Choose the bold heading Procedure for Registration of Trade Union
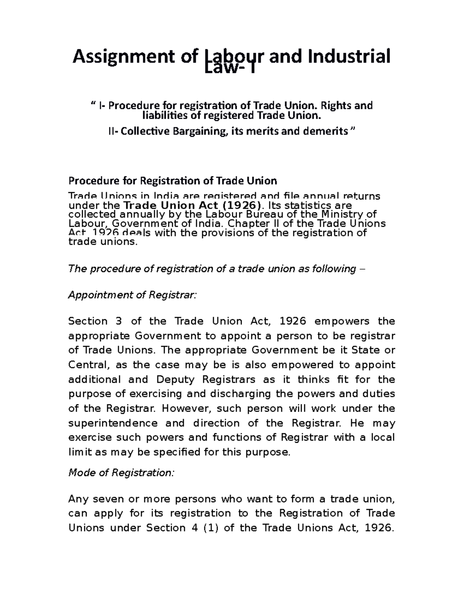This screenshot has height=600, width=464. [172, 181]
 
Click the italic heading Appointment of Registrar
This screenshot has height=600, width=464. [132, 295]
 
